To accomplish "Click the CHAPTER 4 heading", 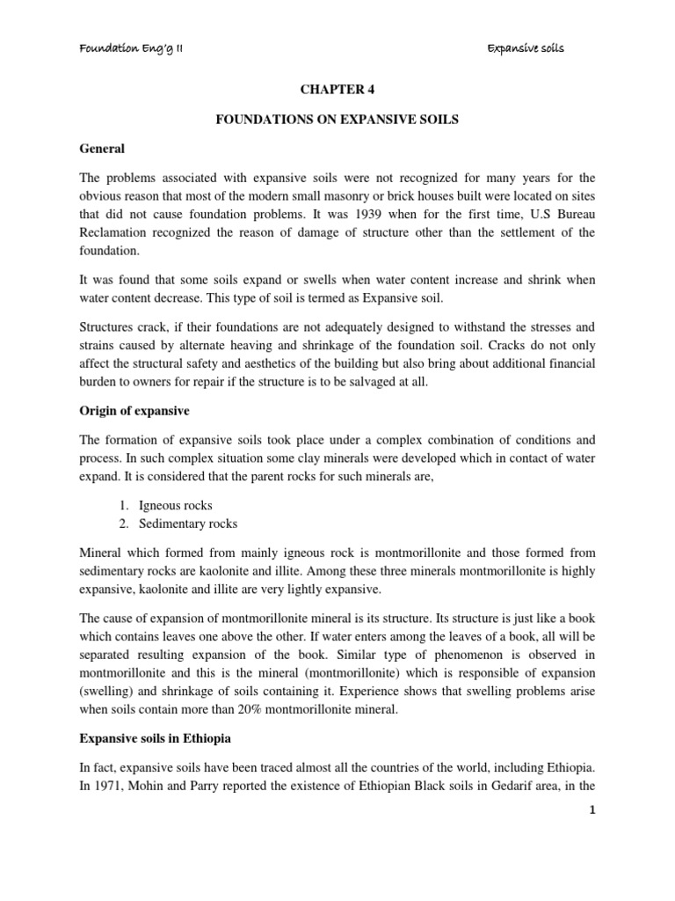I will [x=337, y=90].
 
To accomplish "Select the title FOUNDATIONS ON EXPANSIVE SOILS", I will [x=337, y=120].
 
